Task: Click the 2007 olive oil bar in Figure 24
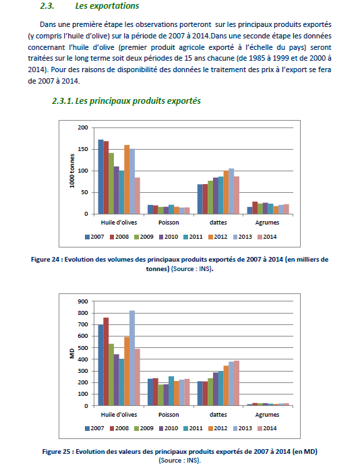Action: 101,177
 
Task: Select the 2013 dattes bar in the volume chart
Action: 231,192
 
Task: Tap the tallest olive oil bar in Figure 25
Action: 132,358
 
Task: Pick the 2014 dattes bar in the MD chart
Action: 237,383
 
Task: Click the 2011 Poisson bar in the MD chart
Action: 171,391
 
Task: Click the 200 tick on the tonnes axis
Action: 83,127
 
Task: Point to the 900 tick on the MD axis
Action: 83,301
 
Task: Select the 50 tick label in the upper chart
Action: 85,192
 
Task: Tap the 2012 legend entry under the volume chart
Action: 218,237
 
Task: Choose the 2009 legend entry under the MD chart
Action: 144,428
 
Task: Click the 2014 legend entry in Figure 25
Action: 267,428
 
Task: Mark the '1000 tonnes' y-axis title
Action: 72,171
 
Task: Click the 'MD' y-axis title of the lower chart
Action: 72,353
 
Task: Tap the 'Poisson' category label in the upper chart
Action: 169,223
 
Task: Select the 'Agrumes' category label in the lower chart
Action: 267,415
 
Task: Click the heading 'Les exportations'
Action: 107,6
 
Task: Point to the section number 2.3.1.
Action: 63,101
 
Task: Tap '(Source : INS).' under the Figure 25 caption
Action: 180,460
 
